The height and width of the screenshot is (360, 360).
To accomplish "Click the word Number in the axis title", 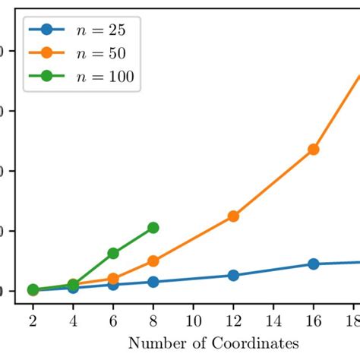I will [x=152, y=343].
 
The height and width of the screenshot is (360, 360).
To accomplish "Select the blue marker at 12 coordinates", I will [x=233, y=275].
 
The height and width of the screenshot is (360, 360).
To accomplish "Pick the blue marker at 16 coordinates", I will [x=313, y=264].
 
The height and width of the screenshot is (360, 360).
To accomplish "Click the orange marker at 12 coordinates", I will [x=233, y=216].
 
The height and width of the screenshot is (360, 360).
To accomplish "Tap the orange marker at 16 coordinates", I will [x=313, y=150].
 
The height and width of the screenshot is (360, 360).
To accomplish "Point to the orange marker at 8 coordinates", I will [x=153, y=261].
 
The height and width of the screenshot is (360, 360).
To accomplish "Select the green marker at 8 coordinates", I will [x=153, y=228].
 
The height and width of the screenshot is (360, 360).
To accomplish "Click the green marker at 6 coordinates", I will [x=113, y=253].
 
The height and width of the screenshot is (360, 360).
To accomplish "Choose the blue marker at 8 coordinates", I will [x=153, y=282].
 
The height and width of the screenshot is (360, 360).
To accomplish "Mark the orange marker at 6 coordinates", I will [x=113, y=279].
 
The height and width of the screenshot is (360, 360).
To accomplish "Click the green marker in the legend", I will [x=47, y=76].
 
